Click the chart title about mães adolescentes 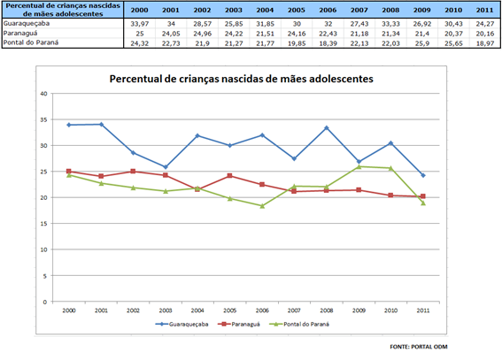click(x=241, y=79)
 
